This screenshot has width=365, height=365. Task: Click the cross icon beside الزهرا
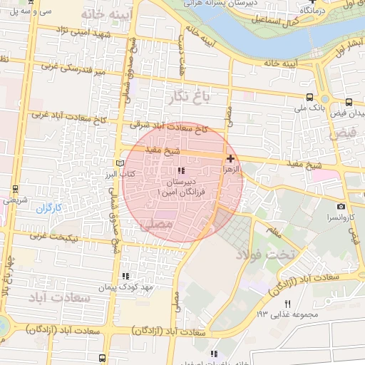[230, 158]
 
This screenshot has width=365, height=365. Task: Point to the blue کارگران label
[50, 209]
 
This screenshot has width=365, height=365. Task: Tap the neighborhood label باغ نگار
[188, 96]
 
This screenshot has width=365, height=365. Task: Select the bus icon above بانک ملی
[308, 97]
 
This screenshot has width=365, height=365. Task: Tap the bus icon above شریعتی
[15, 189]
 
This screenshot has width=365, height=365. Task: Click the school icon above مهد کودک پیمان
[126, 275]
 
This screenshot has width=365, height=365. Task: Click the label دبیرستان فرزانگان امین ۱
[181, 187]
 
